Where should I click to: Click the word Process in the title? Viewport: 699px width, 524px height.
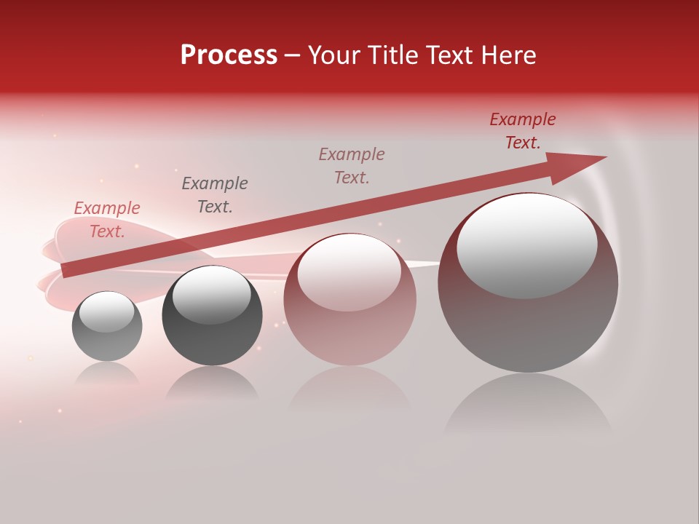point(229,55)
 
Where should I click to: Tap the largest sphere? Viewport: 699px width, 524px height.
point(528,327)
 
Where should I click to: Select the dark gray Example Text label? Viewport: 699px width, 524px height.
point(215,195)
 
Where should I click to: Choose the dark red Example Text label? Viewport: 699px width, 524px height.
point(523,131)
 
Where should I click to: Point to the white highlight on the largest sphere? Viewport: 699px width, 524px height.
point(527,243)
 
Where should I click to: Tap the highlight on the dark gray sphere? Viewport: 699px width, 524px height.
point(211,295)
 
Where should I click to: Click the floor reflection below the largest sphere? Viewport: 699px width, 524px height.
point(528,408)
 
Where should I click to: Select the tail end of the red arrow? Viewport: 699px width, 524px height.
point(68,270)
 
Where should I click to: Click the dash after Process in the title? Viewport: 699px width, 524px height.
point(293,55)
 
